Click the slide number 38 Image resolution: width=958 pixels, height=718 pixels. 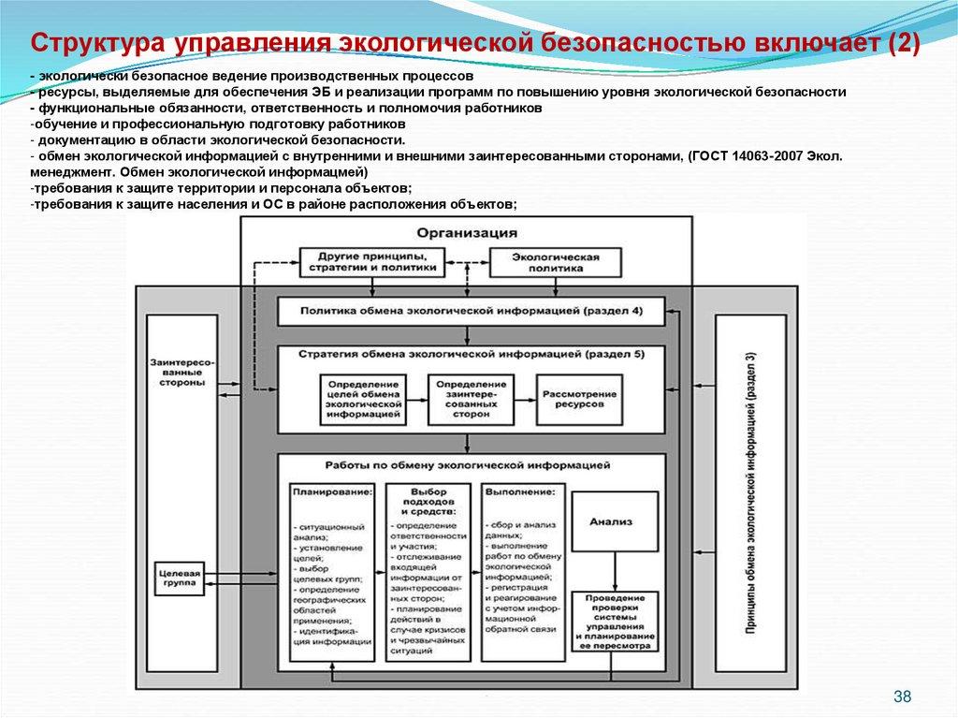click(902, 696)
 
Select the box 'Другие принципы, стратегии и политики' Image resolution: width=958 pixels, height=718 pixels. click(369, 261)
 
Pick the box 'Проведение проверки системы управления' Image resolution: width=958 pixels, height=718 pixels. click(616, 622)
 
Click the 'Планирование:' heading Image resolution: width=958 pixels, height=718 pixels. click(331, 491)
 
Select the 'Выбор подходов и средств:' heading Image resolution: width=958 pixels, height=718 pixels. click(427, 501)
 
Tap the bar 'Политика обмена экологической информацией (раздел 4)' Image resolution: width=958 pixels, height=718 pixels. click(472, 310)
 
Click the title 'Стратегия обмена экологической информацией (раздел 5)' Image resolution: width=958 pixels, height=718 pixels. click(472, 355)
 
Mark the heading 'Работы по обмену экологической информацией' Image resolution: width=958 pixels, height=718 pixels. click(468, 463)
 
